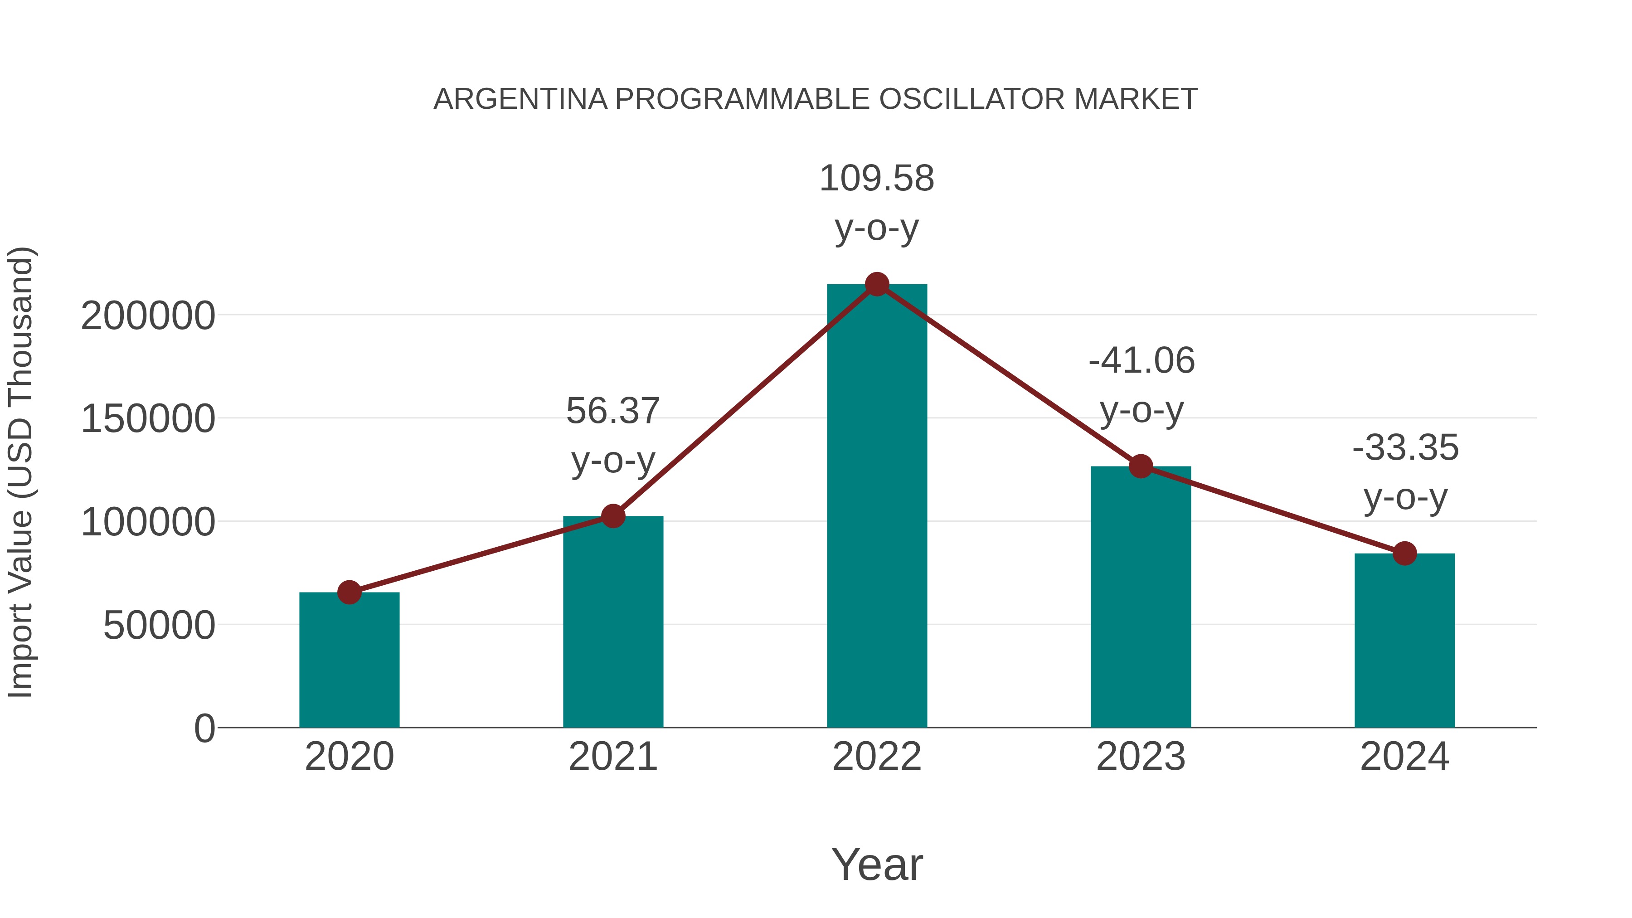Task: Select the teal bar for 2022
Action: click(877, 507)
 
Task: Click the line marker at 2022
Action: click(877, 284)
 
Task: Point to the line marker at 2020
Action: click(349, 593)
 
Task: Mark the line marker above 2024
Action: click(1404, 553)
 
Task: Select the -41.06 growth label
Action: click(1141, 385)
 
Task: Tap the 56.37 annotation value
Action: click(612, 411)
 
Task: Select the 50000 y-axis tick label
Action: click(159, 626)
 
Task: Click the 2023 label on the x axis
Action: click(1141, 757)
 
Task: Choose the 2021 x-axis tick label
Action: click(612, 757)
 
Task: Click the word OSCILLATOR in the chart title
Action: click(972, 99)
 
